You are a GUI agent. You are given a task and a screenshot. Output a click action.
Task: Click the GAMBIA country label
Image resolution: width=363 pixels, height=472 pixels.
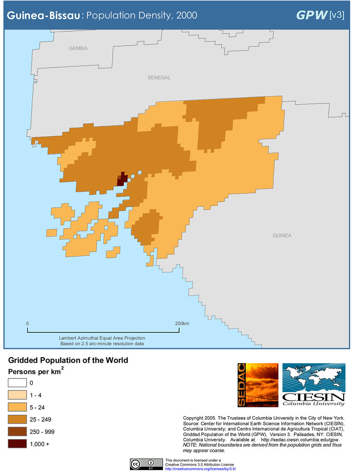78,48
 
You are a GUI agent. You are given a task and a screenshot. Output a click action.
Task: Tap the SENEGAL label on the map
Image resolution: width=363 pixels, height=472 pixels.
159,77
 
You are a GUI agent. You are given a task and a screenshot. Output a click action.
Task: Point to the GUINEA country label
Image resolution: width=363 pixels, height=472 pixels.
281,236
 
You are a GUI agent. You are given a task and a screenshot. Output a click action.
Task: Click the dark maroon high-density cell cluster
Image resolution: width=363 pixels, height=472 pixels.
122,179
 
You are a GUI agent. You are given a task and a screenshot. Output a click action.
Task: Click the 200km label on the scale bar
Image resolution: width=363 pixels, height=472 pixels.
182,324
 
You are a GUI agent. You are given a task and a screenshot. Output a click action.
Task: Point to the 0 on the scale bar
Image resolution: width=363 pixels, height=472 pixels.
27,324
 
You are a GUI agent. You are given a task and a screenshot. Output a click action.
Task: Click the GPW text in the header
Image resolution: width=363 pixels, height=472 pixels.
311,15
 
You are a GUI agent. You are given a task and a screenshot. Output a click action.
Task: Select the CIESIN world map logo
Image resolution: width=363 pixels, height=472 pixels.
313,385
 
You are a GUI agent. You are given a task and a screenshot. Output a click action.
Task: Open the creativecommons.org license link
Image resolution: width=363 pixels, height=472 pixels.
200,468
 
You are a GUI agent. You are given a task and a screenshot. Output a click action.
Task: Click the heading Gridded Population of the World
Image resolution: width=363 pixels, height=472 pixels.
68,360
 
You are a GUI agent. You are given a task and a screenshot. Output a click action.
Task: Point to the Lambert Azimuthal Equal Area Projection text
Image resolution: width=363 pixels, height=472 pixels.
102,338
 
